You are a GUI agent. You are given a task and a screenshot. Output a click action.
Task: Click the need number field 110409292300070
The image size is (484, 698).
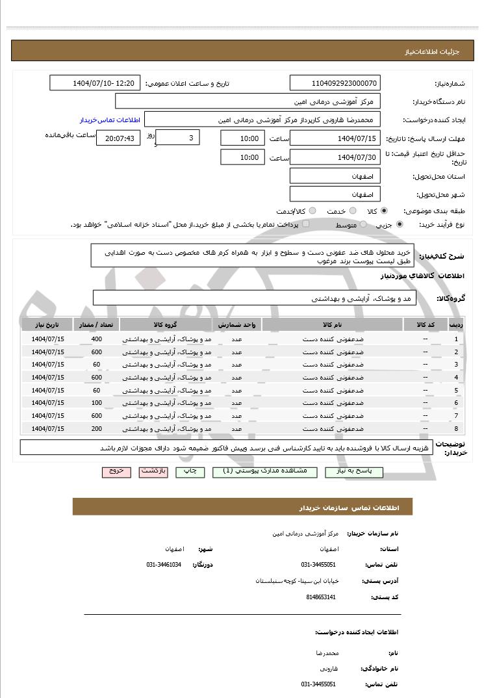[x=335, y=83]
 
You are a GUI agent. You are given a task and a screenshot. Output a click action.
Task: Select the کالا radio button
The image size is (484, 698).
[x=385, y=211]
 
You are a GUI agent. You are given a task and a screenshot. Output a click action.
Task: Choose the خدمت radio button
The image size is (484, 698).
[x=353, y=211]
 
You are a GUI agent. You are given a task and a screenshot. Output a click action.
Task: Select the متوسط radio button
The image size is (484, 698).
[x=363, y=224]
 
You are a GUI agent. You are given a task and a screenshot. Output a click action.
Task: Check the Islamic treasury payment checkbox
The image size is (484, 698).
[x=306, y=224]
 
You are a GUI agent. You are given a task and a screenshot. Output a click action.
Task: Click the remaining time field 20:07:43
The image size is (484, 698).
[x=118, y=138]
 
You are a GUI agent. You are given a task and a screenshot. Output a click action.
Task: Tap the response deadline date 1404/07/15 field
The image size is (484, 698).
[x=335, y=138]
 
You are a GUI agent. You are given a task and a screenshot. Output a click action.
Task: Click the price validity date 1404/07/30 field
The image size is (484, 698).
[x=335, y=157]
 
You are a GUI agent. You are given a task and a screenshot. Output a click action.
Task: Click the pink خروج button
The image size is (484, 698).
[x=116, y=471]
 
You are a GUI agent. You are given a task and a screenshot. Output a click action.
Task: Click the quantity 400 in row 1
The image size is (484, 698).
[x=96, y=339]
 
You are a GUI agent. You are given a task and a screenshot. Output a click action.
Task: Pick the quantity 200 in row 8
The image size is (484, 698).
[x=96, y=428]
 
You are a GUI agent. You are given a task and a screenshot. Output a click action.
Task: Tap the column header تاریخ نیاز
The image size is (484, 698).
[x=47, y=324]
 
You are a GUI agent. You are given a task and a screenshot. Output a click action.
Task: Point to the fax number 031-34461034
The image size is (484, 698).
[x=164, y=565]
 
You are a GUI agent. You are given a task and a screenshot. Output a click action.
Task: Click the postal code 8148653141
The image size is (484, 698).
[x=320, y=597]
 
